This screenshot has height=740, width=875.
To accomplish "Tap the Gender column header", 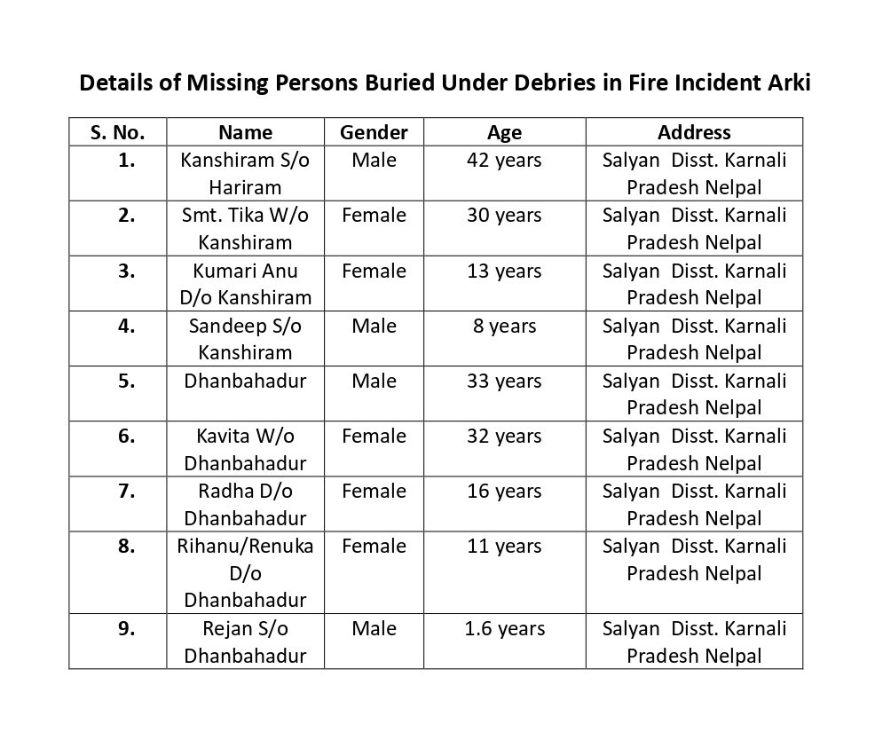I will coord(374,132).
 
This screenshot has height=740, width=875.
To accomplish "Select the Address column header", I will coord(694,132).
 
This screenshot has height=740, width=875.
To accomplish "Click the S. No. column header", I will coord(117,132).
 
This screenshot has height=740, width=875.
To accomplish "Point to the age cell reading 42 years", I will coord(504,161).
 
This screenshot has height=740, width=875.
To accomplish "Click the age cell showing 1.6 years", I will coord(504,629).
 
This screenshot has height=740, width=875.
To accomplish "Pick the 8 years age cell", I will coord(504,326).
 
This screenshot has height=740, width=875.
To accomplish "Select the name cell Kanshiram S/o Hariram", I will coord(245,174).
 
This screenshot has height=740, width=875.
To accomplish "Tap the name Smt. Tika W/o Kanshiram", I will coord(245,229).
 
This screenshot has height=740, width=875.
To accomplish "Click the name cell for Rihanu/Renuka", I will coord(245,572).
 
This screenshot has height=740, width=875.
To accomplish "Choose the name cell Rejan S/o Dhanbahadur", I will coord(245,642).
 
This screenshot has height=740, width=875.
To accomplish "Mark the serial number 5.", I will coord(126,381).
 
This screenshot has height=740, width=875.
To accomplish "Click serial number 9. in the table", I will coord(126,629).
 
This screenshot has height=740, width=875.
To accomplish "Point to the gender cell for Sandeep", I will coord(374,326).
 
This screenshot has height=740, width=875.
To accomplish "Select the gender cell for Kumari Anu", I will coord(374,271).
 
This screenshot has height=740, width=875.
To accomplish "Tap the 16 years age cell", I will coord(504,491).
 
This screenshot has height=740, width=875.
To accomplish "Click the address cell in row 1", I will coord(694,174).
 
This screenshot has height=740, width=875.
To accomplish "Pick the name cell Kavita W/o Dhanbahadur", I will coord(245,449).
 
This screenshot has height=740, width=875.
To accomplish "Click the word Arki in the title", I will coord(784,83).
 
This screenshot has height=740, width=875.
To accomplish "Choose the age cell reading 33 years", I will coord(504,381).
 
